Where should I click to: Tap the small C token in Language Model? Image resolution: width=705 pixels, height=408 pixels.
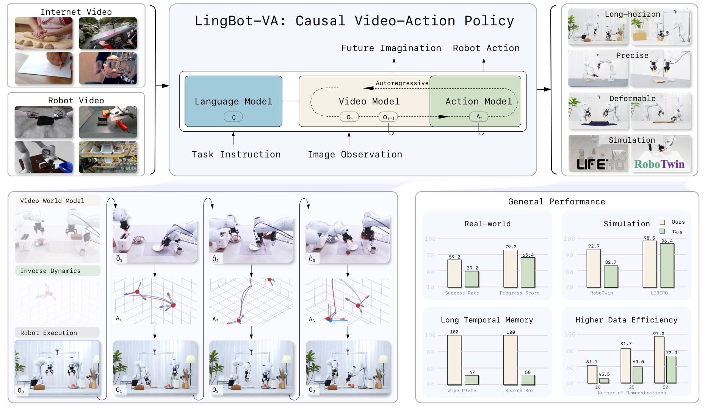tap(233, 117)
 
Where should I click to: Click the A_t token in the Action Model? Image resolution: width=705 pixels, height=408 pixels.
tap(479, 117)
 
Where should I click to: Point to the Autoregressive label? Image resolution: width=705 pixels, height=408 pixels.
tap(402, 83)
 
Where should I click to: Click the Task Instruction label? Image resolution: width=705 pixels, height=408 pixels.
tap(236, 154)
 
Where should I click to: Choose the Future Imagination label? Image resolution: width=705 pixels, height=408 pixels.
tap(391, 48)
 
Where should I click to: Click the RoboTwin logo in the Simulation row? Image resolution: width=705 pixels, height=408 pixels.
tap(659, 164)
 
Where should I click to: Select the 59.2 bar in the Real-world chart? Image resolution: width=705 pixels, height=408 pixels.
tap(454, 273)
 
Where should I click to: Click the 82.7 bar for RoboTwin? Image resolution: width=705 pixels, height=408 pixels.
tap(611, 276)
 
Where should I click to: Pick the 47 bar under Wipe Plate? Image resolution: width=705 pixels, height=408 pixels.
tap(472, 380)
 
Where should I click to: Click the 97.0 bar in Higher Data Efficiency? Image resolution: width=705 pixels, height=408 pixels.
tap(659, 360)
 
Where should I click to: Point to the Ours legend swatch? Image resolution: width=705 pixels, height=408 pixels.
tap(662, 222)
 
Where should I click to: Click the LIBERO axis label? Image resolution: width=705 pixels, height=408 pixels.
tap(659, 293)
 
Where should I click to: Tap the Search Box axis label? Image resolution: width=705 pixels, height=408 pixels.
tap(519, 391)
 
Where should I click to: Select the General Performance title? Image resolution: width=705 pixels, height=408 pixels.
tap(556, 202)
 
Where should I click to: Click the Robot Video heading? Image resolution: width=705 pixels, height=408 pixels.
tap(76, 101)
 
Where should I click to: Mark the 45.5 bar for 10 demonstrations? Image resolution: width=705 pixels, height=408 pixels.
tap(604, 381)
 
